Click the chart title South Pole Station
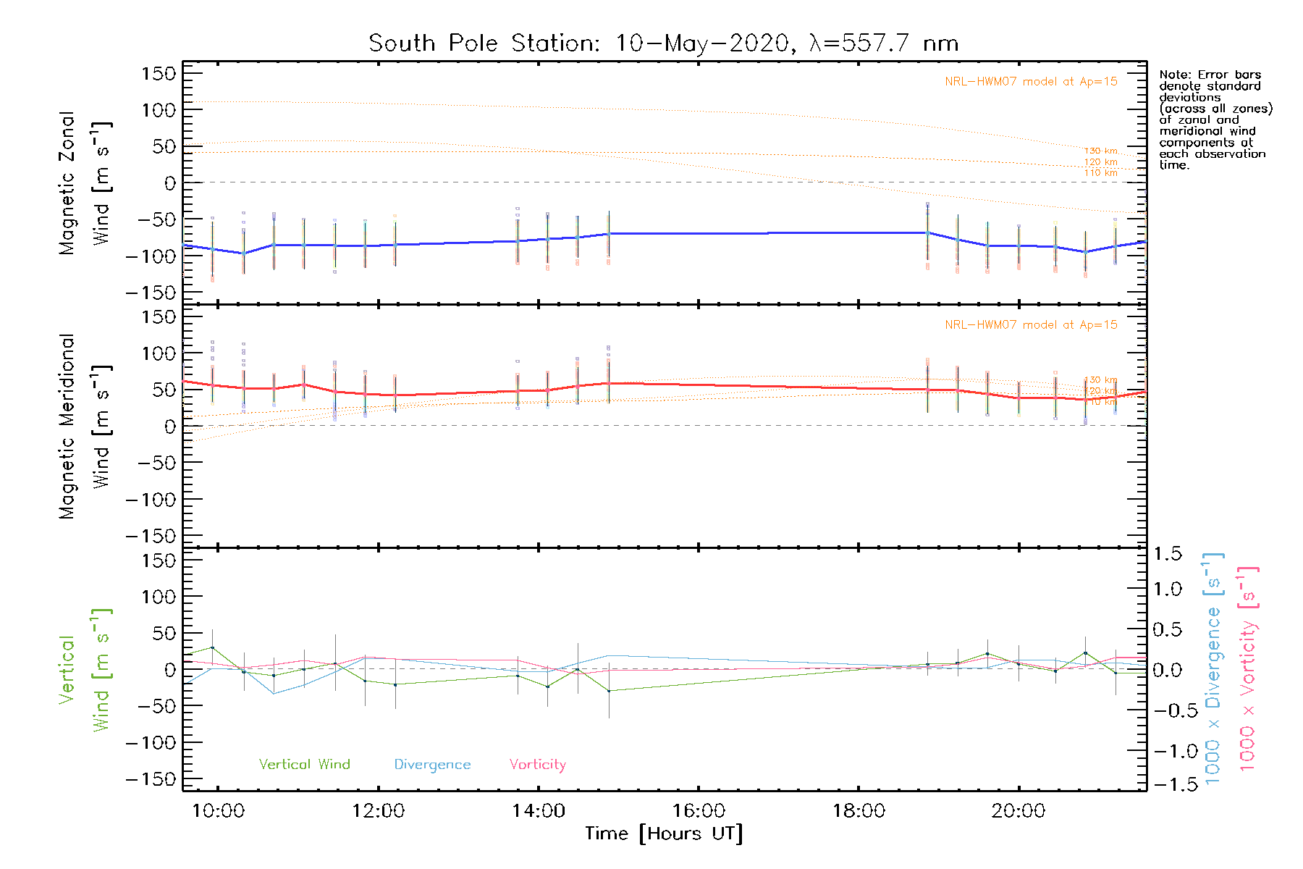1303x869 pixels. (663, 43)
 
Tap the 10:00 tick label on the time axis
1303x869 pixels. (218, 811)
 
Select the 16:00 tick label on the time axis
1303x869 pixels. (699, 811)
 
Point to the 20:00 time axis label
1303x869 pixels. (1019, 811)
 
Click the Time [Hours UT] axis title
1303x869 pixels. (664, 834)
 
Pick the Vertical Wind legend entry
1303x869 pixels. (304, 765)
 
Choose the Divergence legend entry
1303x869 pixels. (432, 765)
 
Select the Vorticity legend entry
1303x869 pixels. (537, 765)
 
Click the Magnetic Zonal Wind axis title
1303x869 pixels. (85, 182)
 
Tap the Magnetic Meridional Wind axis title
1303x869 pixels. (85, 427)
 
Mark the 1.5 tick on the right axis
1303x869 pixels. (1167, 554)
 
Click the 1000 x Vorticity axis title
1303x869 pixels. (1247, 669)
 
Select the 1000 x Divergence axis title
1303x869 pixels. (1213, 669)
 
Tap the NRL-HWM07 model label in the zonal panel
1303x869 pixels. (1031, 82)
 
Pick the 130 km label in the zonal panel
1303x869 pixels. (1100, 151)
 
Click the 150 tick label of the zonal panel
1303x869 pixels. (159, 73)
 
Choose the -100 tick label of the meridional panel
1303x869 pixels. (151, 500)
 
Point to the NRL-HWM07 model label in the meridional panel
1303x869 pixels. (1031, 325)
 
